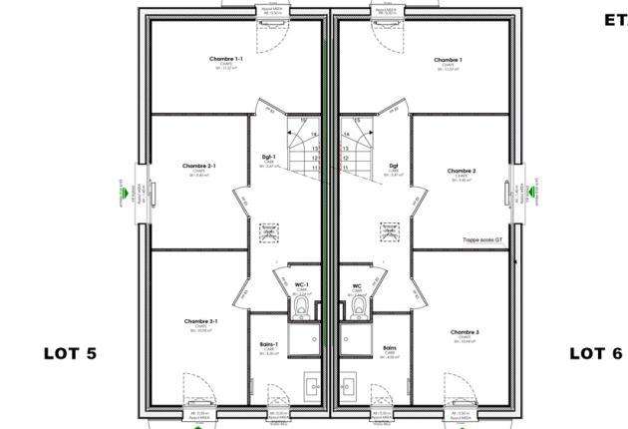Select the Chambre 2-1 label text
coord(199,166)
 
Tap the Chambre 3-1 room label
coord(200,321)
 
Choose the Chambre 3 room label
coord(464,331)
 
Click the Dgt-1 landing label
coord(268,157)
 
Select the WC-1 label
coord(301,285)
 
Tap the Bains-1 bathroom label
coord(268,344)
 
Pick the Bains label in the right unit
coord(390,348)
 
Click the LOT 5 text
coord(70,353)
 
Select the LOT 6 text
coord(595,353)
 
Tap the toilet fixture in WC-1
coord(301,309)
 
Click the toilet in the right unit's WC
coord(357,309)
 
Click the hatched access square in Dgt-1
coord(268,229)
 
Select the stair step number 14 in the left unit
coord(314,135)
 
